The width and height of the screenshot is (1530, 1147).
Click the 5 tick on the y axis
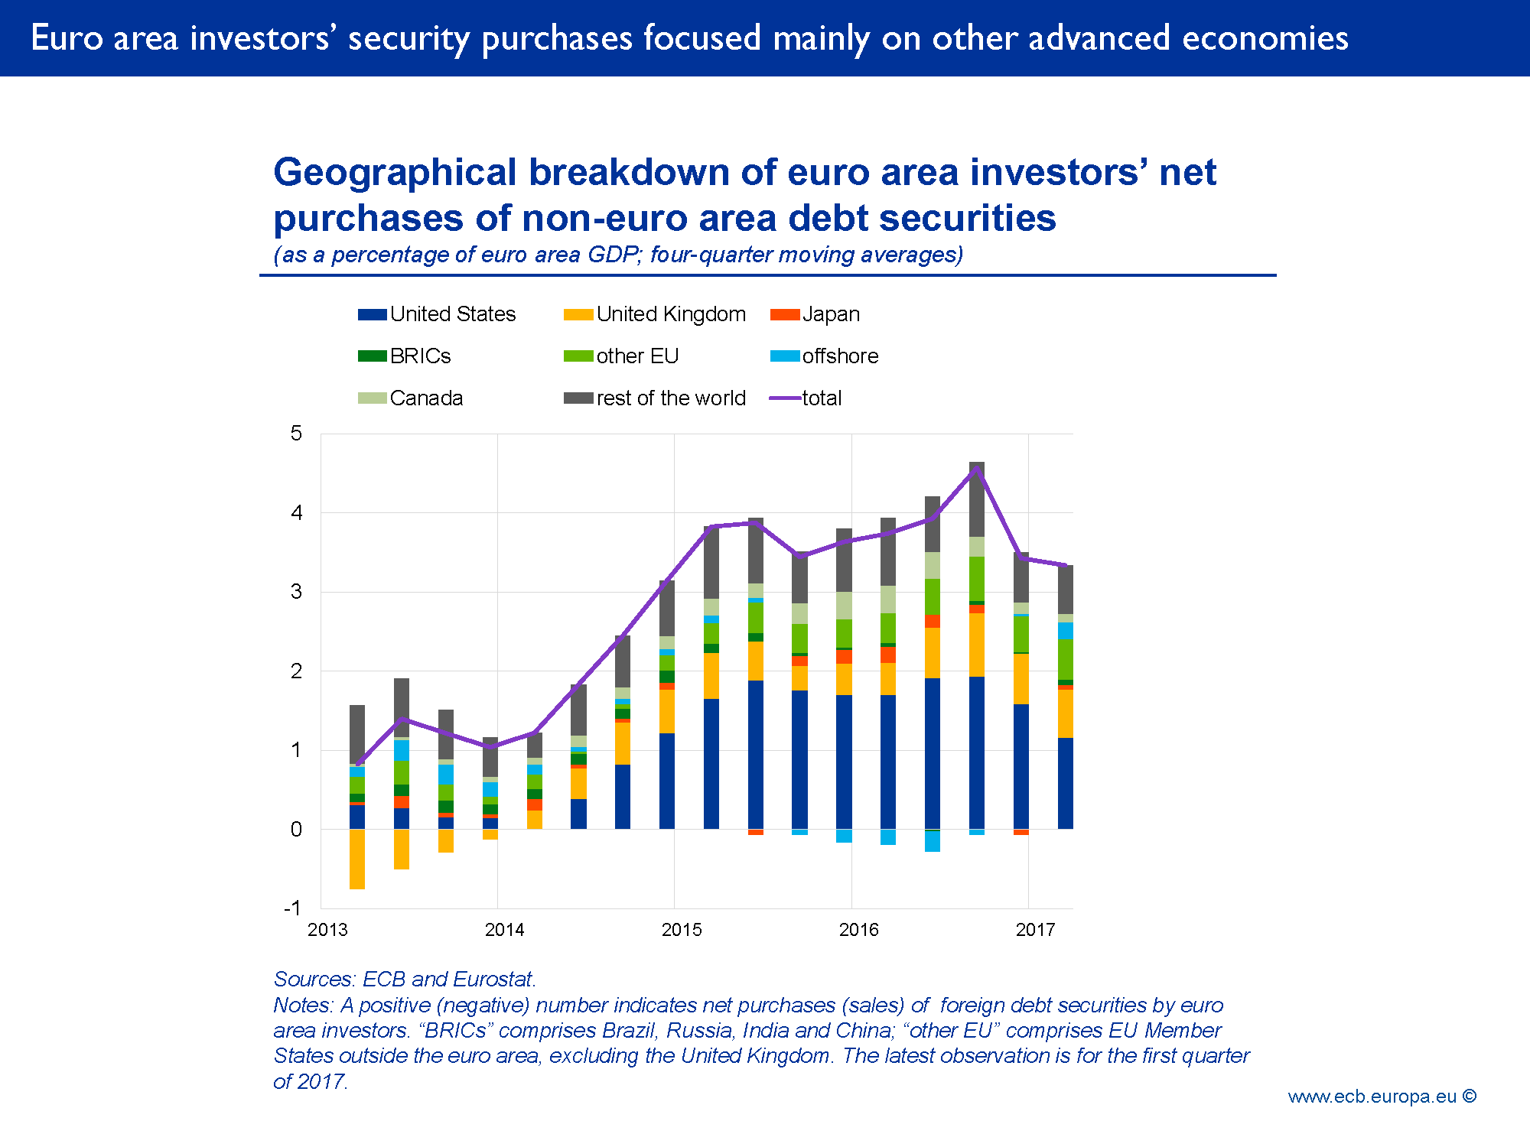pos(296,434)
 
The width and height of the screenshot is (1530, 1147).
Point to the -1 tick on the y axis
pos(293,908)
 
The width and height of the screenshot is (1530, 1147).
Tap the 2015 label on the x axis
pos(681,930)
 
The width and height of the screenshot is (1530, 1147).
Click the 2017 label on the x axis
pos(1035,930)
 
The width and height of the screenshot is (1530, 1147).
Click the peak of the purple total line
pos(976,470)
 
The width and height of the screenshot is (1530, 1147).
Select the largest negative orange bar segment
pos(356,859)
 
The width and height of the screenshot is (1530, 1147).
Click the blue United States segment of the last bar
pos(1065,783)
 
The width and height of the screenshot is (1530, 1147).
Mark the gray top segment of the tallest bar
pos(976,499)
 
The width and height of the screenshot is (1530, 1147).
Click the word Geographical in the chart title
pos(395,173)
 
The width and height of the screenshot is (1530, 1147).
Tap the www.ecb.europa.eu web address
pos(1372,1097)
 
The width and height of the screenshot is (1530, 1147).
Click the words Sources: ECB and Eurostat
pos(405,980)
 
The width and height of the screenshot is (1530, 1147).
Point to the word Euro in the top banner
pos(67,38)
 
